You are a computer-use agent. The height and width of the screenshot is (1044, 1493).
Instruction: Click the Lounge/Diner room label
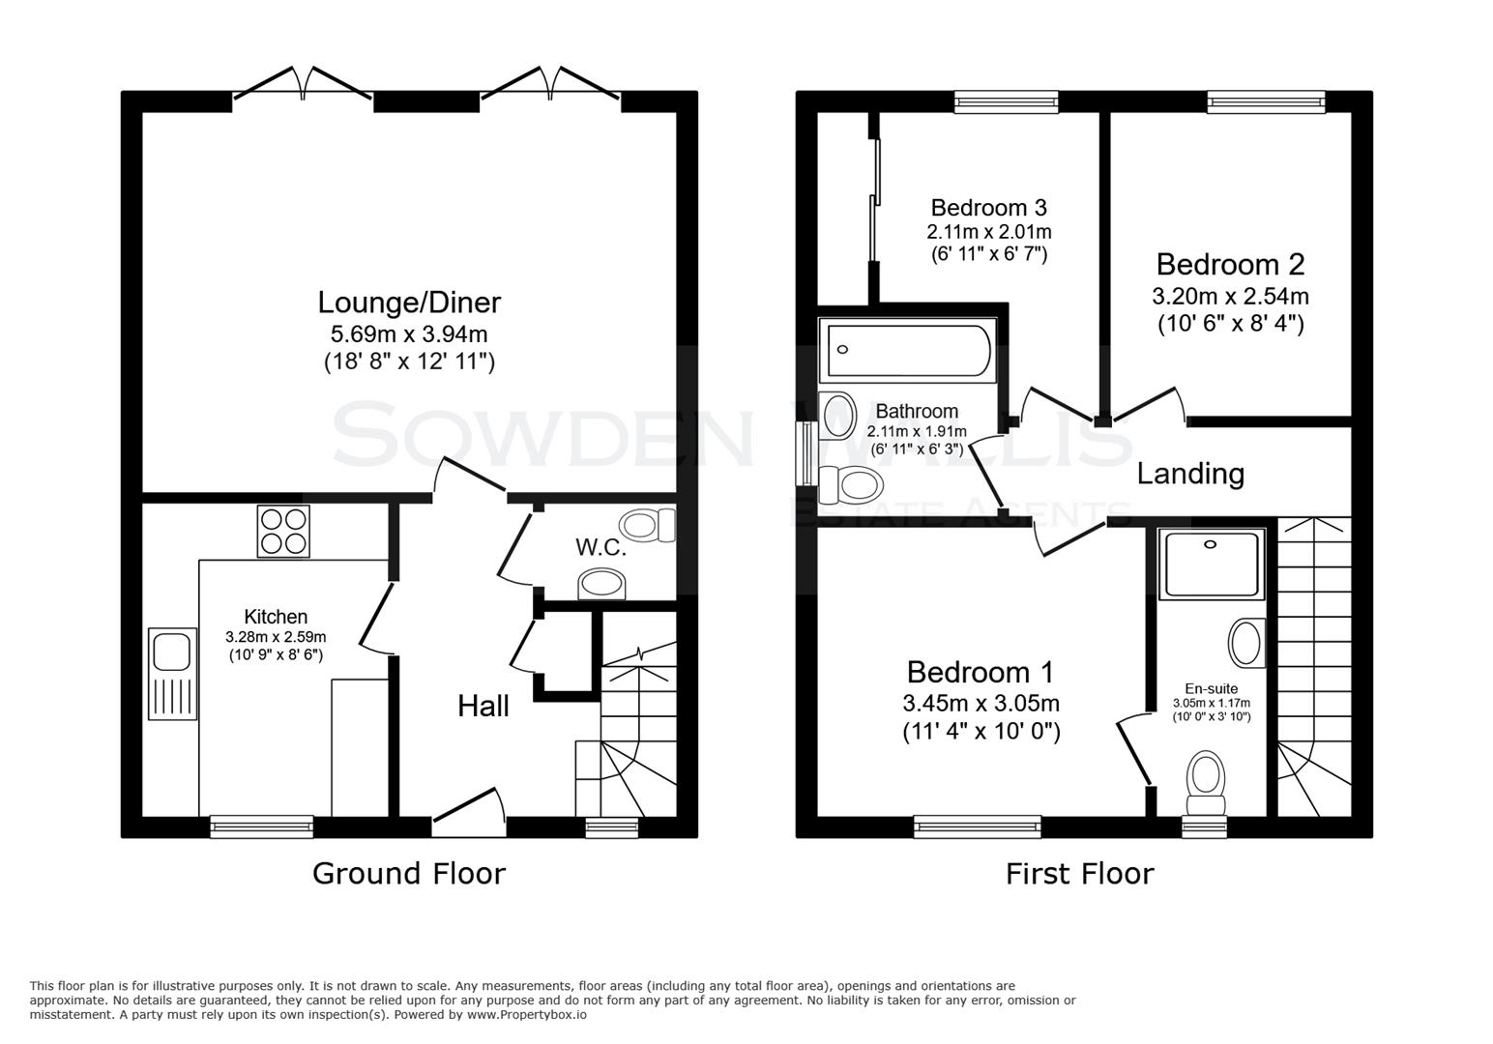pos(409,303)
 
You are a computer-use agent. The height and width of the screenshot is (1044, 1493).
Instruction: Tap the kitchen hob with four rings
pos(283,532)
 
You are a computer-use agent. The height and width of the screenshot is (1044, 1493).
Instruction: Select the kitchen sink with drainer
pos(171,674)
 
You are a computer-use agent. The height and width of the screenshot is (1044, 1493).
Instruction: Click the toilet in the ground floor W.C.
pos(648,526)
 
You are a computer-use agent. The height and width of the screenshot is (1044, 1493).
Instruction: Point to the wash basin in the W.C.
pos(602,584)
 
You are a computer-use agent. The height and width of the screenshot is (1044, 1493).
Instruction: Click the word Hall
pos(483,707)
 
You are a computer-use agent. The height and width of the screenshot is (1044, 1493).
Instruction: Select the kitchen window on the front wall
pos(262,826)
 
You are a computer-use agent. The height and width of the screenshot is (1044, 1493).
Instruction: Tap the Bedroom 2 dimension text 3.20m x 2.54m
pos(1230,296)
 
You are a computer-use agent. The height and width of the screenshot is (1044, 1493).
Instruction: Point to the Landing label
pos(1190,474)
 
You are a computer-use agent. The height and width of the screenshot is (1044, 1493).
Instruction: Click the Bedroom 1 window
pos(978,826)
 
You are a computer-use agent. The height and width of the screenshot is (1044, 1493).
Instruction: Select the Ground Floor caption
pos(409,874)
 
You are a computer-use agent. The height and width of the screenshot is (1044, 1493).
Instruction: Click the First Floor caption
pos(1079,874)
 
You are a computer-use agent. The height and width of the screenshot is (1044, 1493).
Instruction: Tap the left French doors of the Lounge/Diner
pos(303,86)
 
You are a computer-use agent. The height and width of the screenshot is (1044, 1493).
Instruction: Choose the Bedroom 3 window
pos(1006,101)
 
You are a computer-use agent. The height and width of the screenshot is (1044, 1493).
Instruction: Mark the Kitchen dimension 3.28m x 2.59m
pos(276,637)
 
